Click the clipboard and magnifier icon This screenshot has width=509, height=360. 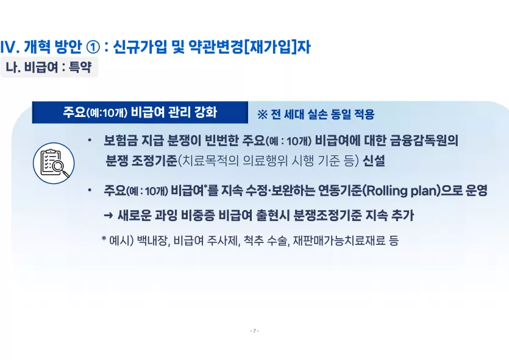pyautogui.click(x=54, y=163)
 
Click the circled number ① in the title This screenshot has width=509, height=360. pyautogui.click(x=93, y=48)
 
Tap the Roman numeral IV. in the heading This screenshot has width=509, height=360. pyautogui.click(x=10, y=48)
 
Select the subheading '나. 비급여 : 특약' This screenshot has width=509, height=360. pyautogui.click(x=49, y=67)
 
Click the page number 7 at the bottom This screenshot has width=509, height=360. pyautogui.click(x=255, y=331)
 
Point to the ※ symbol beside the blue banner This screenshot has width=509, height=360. pyautogui.click(x=262, y=115)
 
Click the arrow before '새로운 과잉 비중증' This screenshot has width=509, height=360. pyautogui.click(x=109, y=216)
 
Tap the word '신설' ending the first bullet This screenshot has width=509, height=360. pyautogui.click(x=374, y=161)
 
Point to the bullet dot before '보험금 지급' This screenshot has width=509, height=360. pyautogui.click(x=90, y=141)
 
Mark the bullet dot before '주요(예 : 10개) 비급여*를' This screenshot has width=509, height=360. pyautogui.click(x=90, y=191)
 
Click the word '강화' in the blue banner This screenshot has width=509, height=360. pyautogui.click(x=205, y=113)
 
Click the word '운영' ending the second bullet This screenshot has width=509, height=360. pyautogui.click(x=477, y=191)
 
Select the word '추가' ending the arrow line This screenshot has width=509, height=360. pyautogui.click(x=403, y=216)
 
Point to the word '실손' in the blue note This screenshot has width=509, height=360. pyautogui.click(x=317, y=115)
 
